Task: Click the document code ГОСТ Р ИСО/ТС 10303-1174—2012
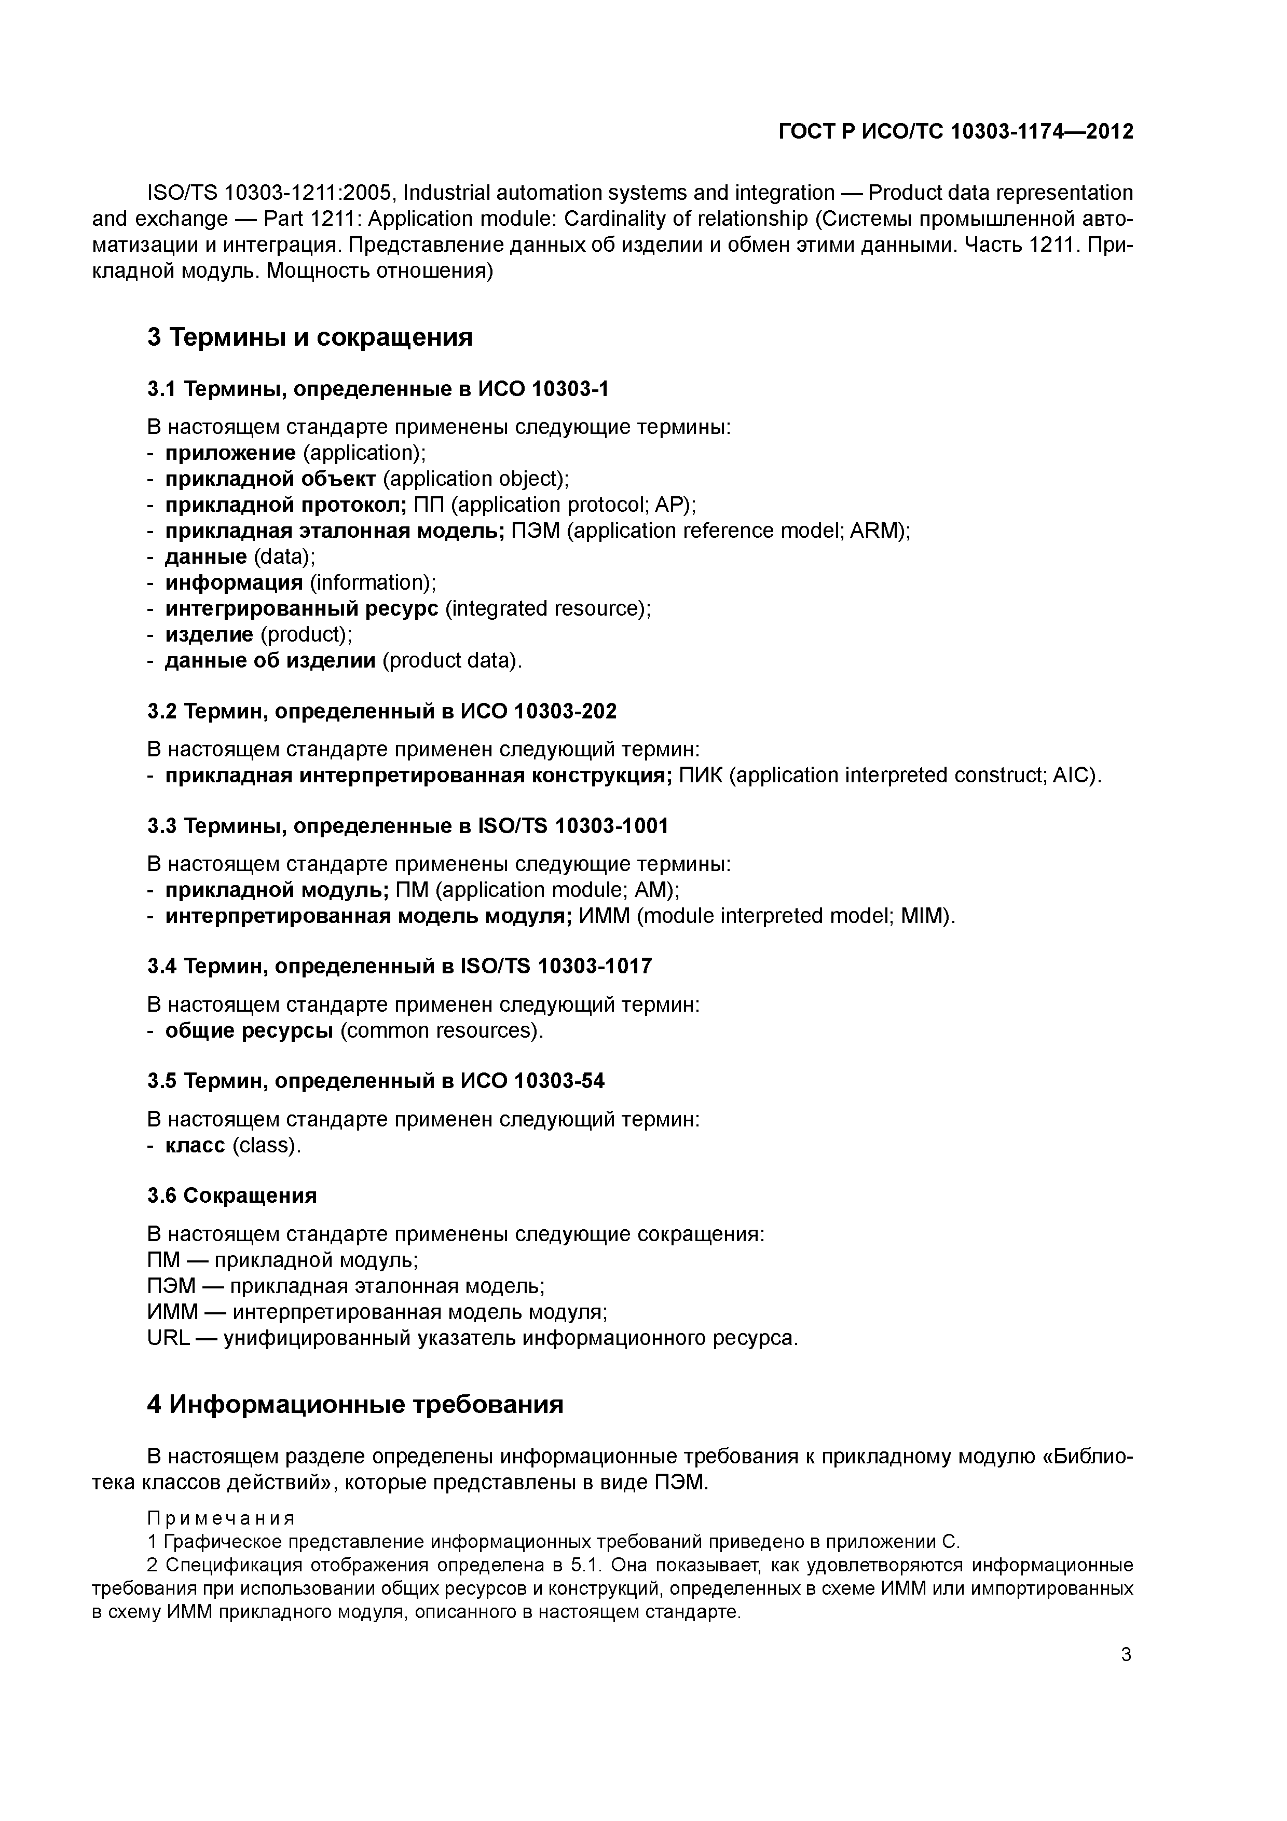pos(955,132)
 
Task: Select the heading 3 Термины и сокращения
pos(309,337)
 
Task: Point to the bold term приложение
pos(230,453)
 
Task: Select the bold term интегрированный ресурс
pos(302,608)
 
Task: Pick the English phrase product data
pos(450,661)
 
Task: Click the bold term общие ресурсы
pos(249,1030)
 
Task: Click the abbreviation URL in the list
pos(168,1338)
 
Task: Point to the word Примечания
pos(221,1519)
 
